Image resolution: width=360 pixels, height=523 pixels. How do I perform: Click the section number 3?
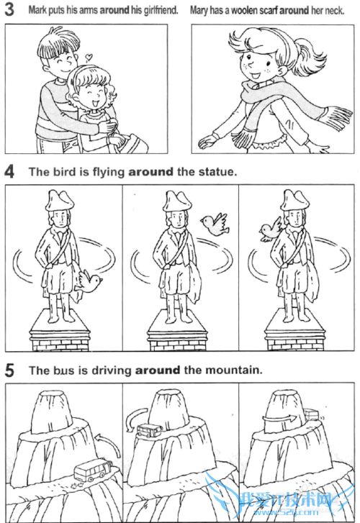[x=9, y=9]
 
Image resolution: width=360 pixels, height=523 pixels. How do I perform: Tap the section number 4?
[x=9, y=171]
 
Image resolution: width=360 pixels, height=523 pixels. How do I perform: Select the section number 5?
[x=9, y=370]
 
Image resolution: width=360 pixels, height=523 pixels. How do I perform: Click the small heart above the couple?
[x=89, y=58]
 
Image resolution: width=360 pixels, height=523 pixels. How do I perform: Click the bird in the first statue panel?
[x=89, y=281]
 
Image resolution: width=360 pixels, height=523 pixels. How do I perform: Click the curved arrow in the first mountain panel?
[x=109, y=442]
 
